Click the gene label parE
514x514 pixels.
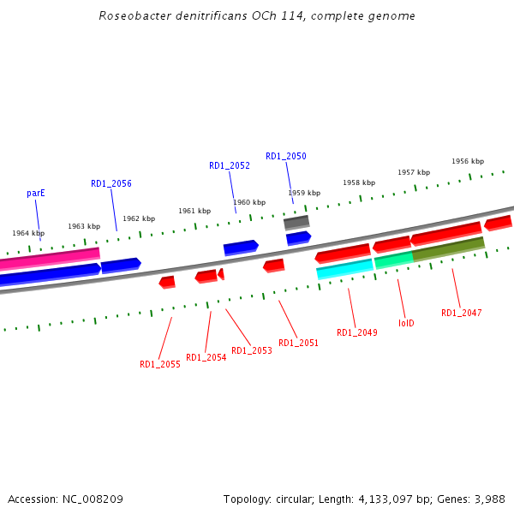point(36,194)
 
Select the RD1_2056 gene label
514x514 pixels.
point(111,183)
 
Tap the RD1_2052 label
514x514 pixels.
point(230,166)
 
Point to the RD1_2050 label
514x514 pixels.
point(286,157)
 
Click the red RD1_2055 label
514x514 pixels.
point(160,364)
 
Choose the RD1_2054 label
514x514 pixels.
point(206,358)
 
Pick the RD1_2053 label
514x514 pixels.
point(252,350)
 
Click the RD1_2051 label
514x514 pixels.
point(298,343)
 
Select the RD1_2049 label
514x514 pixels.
point(357,333)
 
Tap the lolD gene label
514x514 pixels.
point(407,324)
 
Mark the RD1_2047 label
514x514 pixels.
point(462,313)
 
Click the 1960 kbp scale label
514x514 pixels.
point(249,203)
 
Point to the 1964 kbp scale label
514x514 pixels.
point(28,233)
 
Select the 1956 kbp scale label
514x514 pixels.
point(468,161)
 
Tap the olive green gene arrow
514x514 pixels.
point(449,248)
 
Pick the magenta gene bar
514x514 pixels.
point(50,256)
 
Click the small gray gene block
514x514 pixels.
point(296,222)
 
